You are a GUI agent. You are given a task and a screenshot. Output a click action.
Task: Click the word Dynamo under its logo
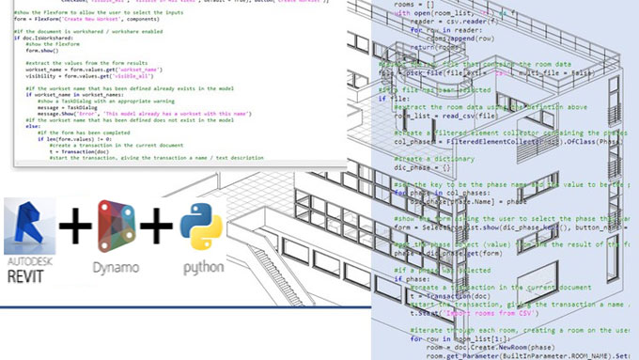click(x=116, y=267)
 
